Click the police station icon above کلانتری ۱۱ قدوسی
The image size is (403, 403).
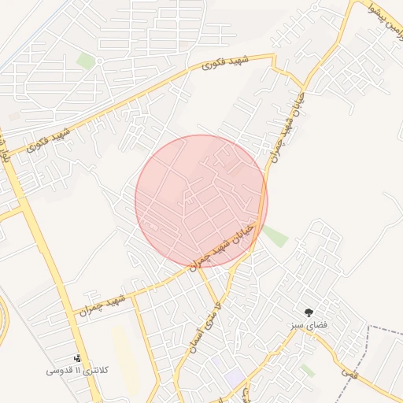point(77,359)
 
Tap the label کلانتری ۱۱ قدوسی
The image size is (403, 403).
point(77,370)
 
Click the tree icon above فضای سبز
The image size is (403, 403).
point(309,312)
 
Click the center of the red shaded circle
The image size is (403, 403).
point(201,201)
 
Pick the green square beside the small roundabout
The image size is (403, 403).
point(85,61)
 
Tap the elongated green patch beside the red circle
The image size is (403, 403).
point(275,235)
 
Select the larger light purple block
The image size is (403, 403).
point(235,376)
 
